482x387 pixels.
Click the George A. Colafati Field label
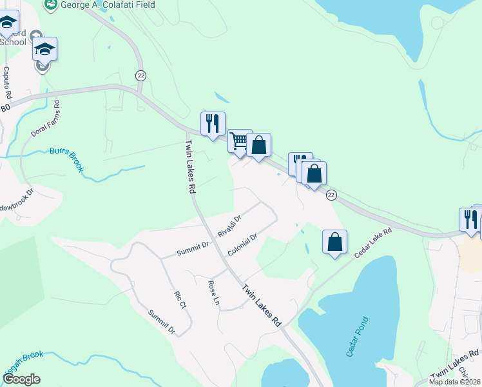(x=110, y=5)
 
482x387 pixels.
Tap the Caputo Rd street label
(x=7, y=81)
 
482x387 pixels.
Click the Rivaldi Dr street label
(x=229, y=226)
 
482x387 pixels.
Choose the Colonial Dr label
(x=242, y=244)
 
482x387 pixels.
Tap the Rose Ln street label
(x=214, y=292)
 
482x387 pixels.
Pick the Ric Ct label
(x=179, y=299)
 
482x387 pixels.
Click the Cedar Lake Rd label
(x=374, y=243)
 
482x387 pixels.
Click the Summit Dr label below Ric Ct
(x=162, y=321)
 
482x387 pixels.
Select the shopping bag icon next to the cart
(x=258, y=145)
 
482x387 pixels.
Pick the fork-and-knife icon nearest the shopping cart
(x=213, y=123)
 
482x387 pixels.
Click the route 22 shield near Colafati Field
(x=140, y=75)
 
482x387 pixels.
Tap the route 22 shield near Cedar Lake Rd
(x=331, y=195)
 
